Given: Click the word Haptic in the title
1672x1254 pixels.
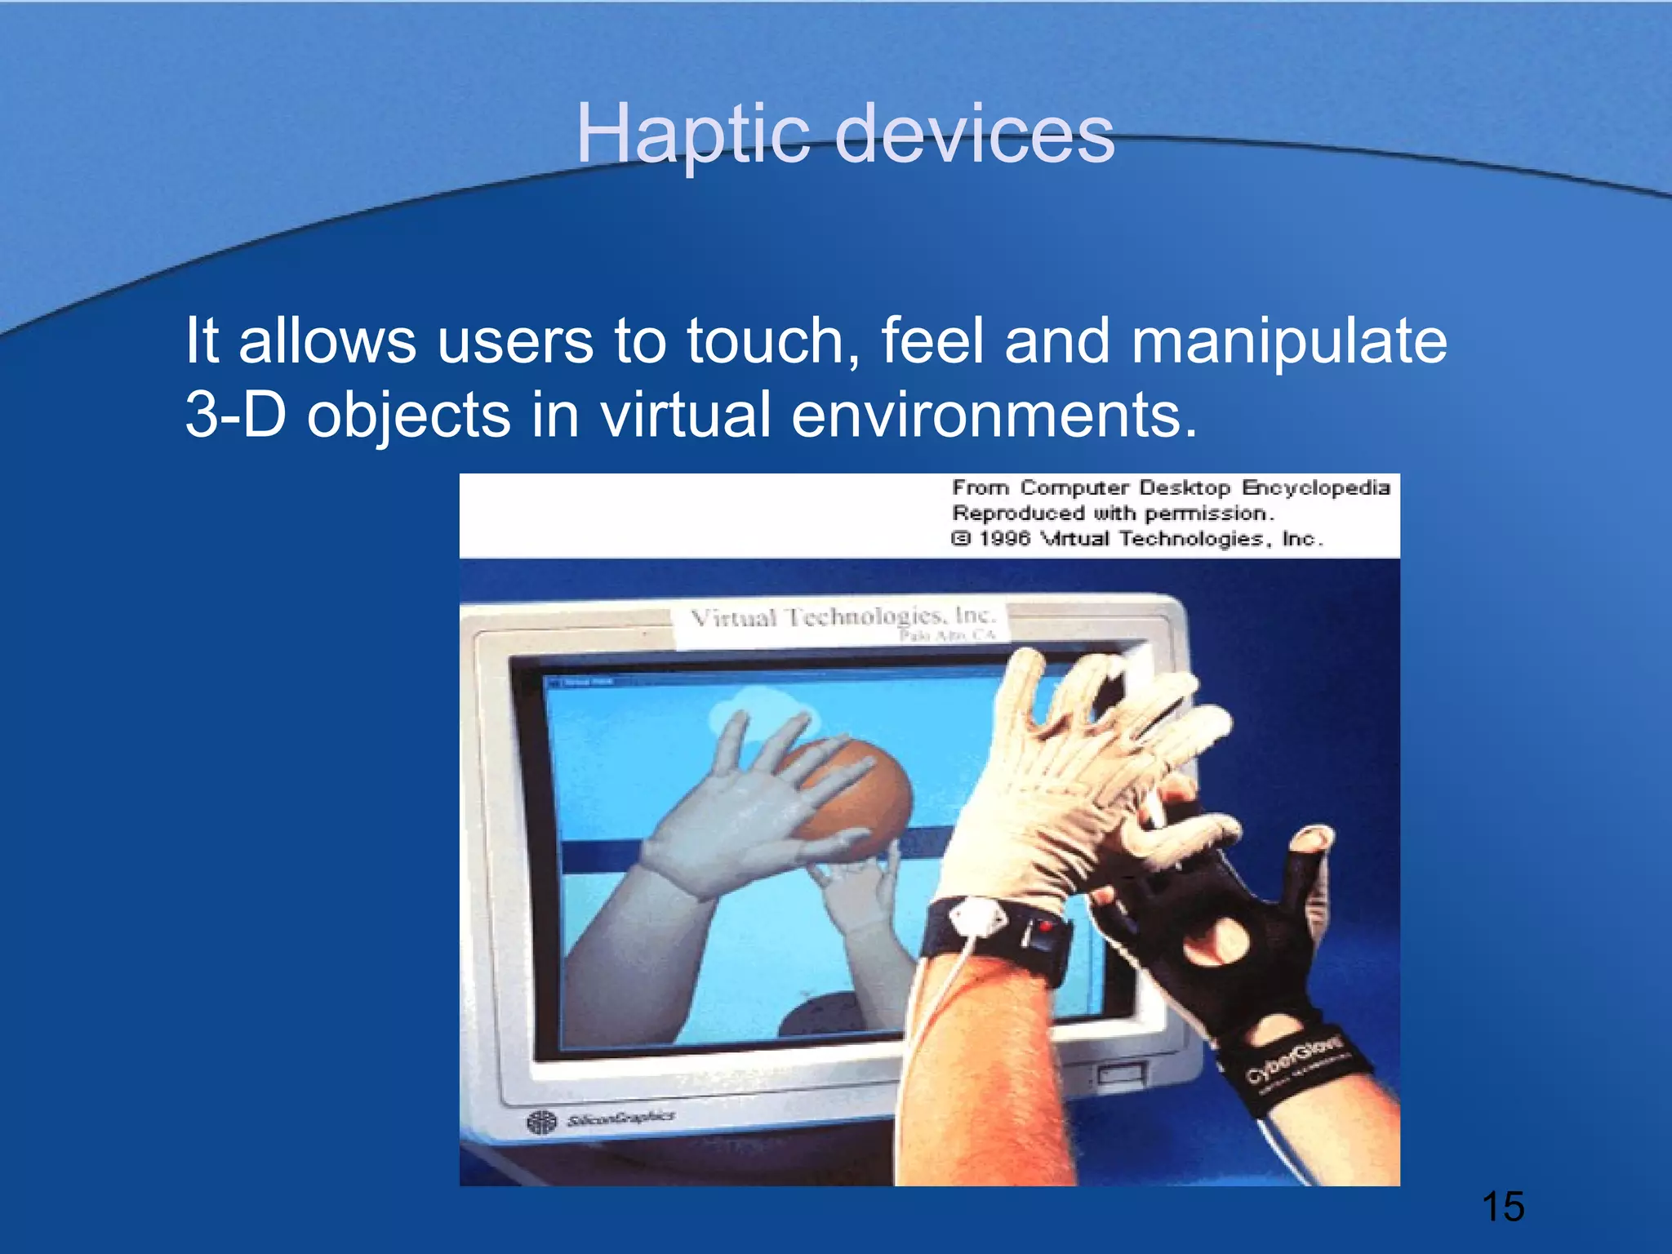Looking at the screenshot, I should (692, 136).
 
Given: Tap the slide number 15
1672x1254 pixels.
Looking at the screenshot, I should (1502, 1207).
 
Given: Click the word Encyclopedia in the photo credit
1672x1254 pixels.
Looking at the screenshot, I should (1315, 487).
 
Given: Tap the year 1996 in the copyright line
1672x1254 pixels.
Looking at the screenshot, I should (1005, 539).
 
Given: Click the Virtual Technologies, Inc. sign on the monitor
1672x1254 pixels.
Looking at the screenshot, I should (841, 618).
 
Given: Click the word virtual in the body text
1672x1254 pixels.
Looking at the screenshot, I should (686, 414).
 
